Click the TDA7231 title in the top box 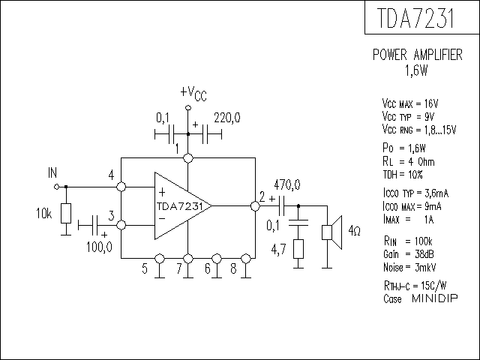[415, 18]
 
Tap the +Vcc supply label [193, 93]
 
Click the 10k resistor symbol [66, 213]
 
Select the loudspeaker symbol [332, 232]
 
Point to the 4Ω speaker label [354, 230]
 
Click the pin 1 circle [188, 158]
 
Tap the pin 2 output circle [255, 205]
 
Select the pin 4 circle [121, 187]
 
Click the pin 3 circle [121, 225]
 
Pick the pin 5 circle [160, 259]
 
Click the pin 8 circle [246, 259]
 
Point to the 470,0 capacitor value [287, 185]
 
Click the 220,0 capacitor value [227, 118]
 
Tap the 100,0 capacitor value [99, 247]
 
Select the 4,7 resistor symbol [298, 249]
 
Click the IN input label [52, 173]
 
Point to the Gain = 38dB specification [408, 254]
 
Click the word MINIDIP [435, 298]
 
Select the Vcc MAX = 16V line [410, 103]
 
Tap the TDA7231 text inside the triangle [180, 206]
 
